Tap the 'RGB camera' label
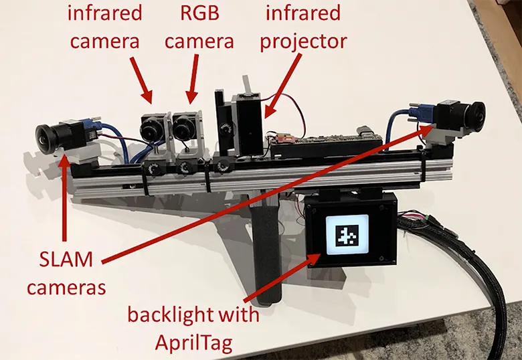click(199, 26)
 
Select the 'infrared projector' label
click(305, 26)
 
